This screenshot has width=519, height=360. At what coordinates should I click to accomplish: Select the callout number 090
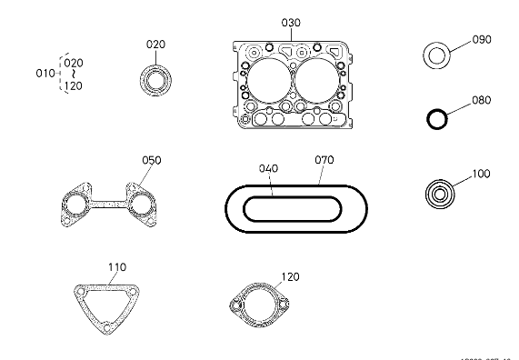pyautogui.click(x=481, y=40)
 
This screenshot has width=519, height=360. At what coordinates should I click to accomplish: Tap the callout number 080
pyautogui.click(x=481, y=100)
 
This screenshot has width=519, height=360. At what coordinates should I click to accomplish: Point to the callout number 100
pyautogui.click(x=481, y=172)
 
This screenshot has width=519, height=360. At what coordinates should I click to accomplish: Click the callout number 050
pyautogui.click(x=152, y=160)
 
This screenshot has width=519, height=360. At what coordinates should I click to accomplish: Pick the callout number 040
pyautogui.click(x=269, y=168)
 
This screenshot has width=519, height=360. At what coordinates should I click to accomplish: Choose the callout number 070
pyautogui.click(x=324, y=160)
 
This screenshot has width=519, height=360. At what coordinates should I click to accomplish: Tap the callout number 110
pyautogui.click(x=117, y=267)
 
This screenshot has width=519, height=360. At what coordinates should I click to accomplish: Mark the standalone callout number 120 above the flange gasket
pyautogui.click(x=290, y=276)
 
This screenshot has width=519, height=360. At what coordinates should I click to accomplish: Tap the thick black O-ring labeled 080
pyautogui.click(x=439, y=117)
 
